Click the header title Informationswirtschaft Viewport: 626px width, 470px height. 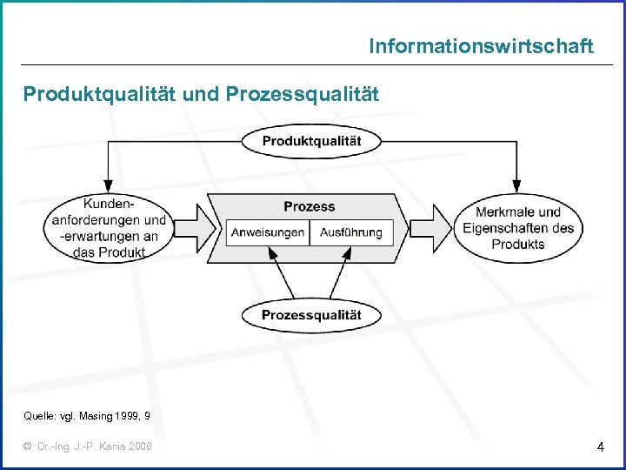[x=481, y=46]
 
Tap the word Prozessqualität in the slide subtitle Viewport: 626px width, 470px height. [x=302, y=94]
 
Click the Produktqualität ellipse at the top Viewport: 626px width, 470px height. [x=311, y=141]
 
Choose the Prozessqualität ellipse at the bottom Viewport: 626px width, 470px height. [x=311, y=315]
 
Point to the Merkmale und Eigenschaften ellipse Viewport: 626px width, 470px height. [x=518, y=228]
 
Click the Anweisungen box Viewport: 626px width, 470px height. [x=268, y=232]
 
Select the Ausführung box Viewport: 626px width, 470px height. [x=351, y=232]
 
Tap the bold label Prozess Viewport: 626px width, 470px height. [x=309, y=206]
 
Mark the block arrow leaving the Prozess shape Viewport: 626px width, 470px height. [x=430, y=230]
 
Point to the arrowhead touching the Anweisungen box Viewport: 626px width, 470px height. [x=271, y=252]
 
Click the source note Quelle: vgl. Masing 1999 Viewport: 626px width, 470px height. [x=86, y=417]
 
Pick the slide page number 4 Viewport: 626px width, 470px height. [x=601, y=447]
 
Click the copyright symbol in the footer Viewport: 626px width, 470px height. [x=29, y=446]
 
